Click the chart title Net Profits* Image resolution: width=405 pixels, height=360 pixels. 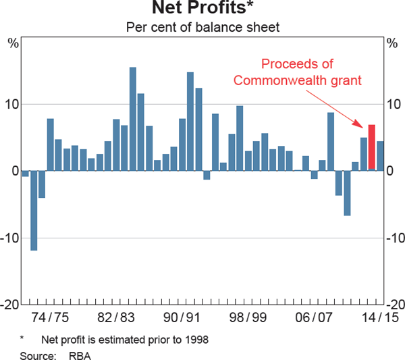(202, 9)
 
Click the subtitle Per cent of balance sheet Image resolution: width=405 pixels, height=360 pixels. (202, 28)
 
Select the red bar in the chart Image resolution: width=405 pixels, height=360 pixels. (371, 147)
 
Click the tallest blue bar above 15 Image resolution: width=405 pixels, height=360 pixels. (133, 119)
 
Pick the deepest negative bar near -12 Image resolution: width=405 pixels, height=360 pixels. (34, 210)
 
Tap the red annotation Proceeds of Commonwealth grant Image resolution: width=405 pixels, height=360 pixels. (298, 72)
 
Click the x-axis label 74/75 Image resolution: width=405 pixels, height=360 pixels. (51, 317)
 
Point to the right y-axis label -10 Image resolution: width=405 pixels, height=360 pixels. (394, 238)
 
